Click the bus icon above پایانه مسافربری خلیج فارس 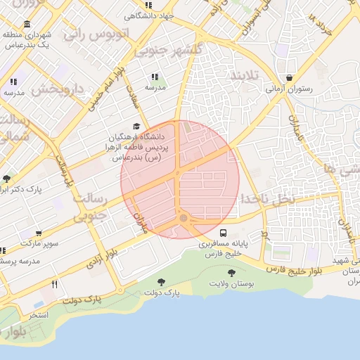(x=223, y=233)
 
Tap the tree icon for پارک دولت (x=162, y=281)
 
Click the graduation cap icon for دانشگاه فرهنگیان (x=136, y=126)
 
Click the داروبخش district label (x=58, y=89)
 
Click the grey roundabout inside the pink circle (x=184, y=219)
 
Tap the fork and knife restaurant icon (x=54, y=285)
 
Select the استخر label (x=37, y=314)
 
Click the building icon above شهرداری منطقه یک (x=27, y=25)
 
